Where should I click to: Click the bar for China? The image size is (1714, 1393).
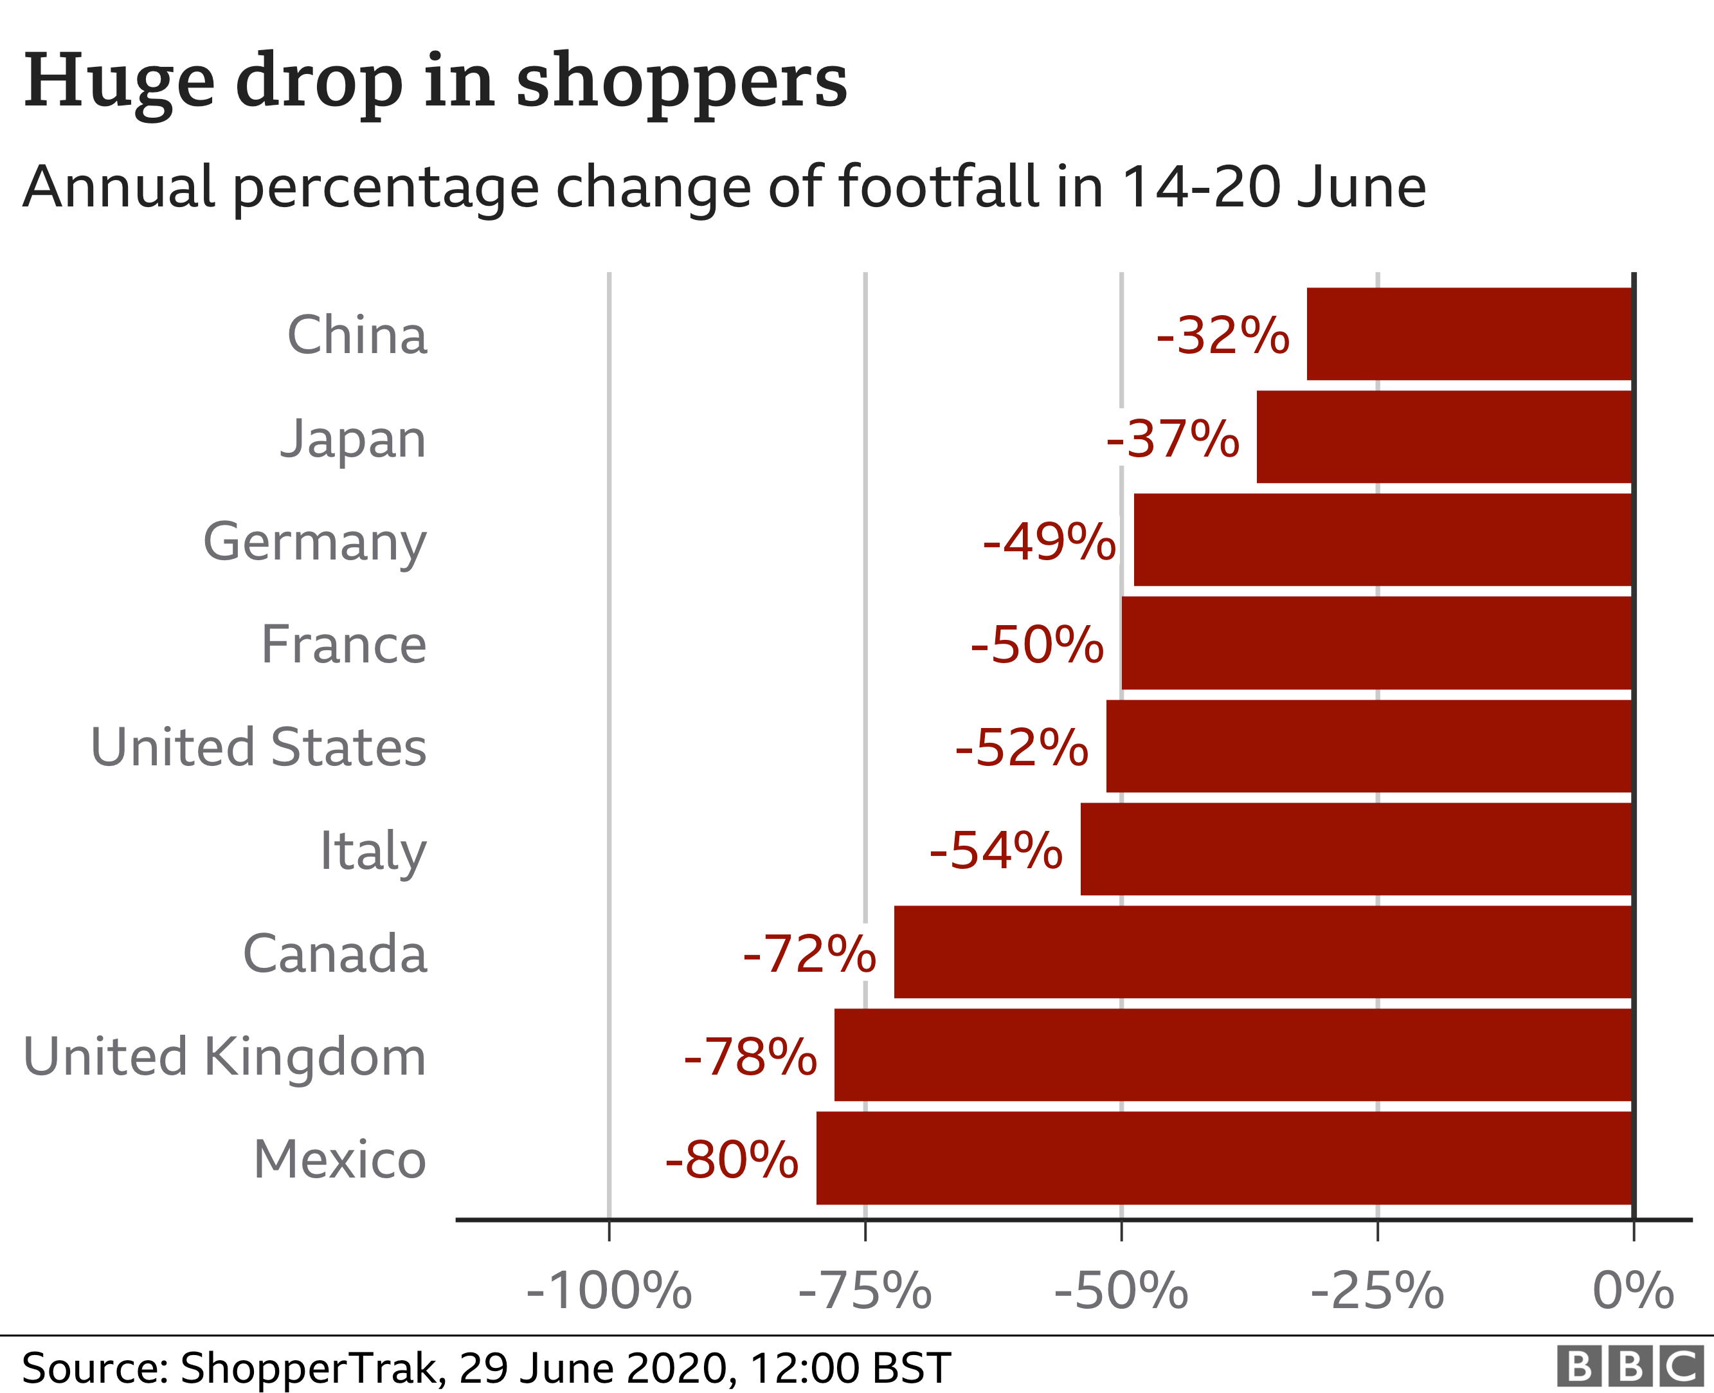[x=1469, y=334]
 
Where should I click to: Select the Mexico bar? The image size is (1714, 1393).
[x=1225, y=1158]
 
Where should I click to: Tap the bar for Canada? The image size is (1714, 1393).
[x=1263, y=952]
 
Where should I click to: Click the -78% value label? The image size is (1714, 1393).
[x=750, y=1057]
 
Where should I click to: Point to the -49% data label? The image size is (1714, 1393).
[x=1049, y=542]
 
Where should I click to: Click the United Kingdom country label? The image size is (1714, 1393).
[x=224, y=1057]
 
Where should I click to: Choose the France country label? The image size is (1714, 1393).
[x=344, y=644]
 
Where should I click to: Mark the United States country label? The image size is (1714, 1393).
[x=258, y=748]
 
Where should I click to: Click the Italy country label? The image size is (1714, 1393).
[x=373, y=851]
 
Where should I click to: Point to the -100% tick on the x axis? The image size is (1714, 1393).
[x=609, y=1291]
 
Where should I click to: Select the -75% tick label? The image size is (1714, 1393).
[x=865, y=1291]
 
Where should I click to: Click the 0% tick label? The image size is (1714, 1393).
[x=1633, y=1291]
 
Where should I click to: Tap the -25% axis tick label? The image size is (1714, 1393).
[x=1377, y=1291]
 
